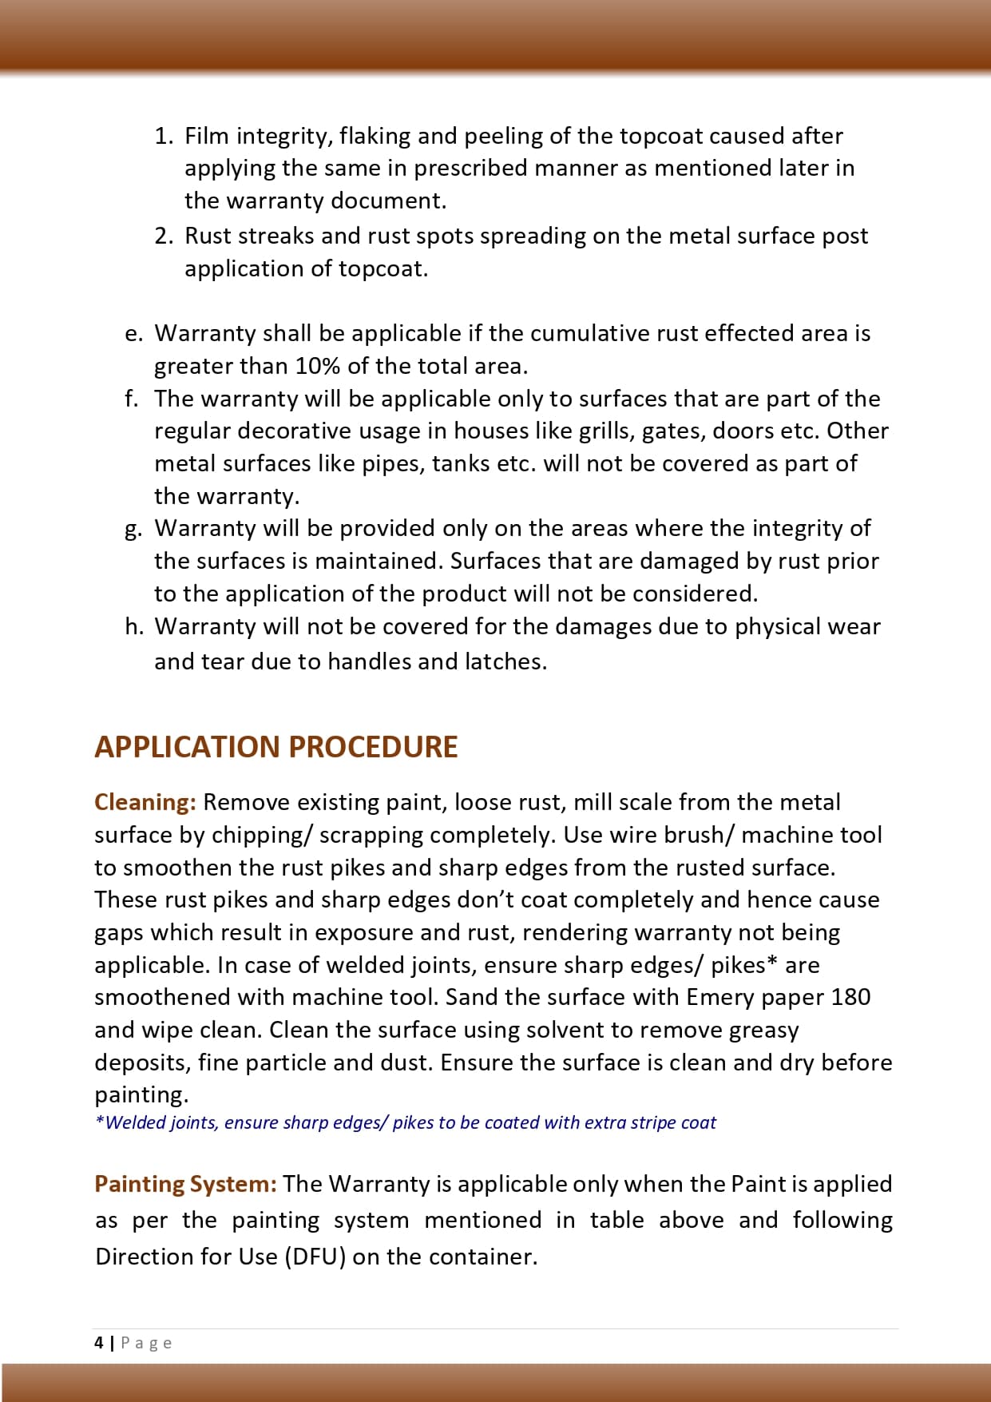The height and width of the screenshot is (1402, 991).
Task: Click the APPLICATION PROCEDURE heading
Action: coord(275,747)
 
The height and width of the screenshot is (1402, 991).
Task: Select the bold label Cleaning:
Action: coord(145,802)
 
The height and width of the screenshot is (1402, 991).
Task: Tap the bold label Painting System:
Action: coord(185,1184)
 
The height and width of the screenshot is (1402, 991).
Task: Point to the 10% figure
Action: coord(317,367)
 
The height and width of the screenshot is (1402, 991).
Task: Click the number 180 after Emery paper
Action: coord(850,997)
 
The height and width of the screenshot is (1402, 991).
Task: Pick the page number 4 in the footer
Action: coord(98,1343)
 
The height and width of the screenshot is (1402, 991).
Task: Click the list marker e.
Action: coord(133,334)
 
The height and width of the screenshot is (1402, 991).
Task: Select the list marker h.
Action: coord(133,627)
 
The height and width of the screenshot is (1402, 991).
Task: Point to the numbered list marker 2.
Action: coord(163,236)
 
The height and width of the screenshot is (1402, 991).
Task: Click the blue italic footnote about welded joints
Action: coord(405,1122)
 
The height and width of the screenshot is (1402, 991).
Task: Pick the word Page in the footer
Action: coord(146,1343)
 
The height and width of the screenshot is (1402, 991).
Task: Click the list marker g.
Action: coord(133,529)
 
